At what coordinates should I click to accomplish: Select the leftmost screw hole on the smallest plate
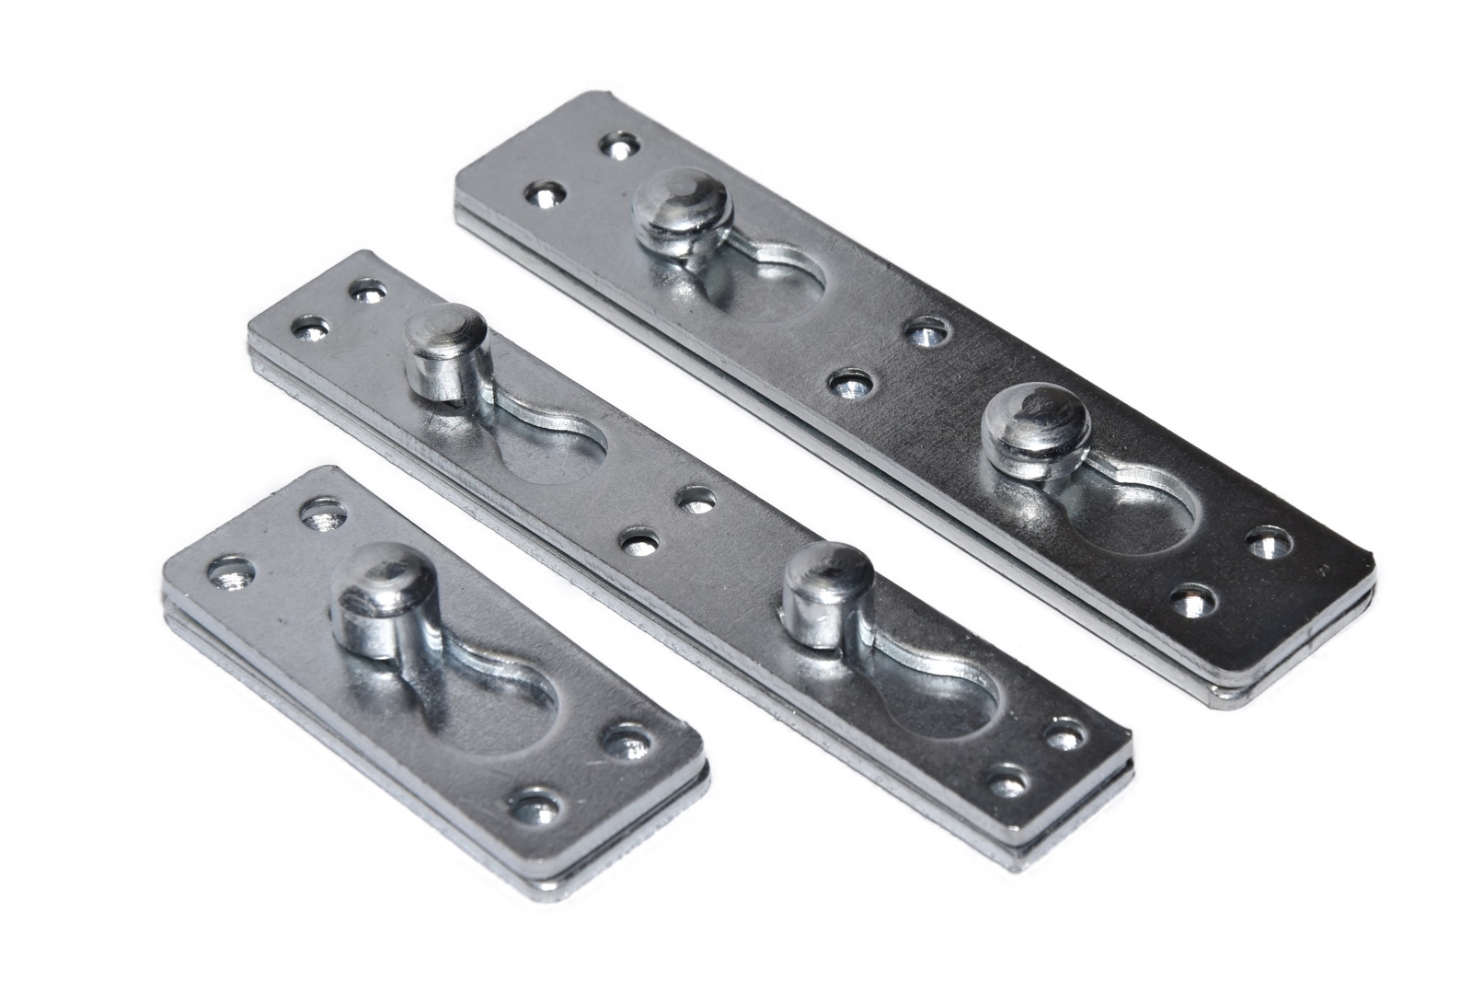pos(226,574)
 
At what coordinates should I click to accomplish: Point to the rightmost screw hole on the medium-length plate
pos(1065,734)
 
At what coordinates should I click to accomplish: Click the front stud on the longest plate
pos(1034,423)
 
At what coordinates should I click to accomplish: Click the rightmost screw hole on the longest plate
pos(1268,543)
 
